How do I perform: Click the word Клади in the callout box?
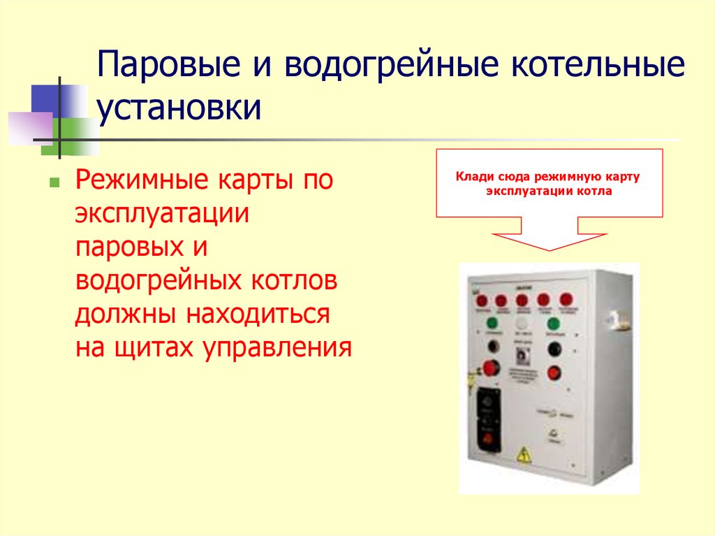point(473,178)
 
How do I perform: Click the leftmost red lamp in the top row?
point(482,301)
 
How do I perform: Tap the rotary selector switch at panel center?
point(522,354)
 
